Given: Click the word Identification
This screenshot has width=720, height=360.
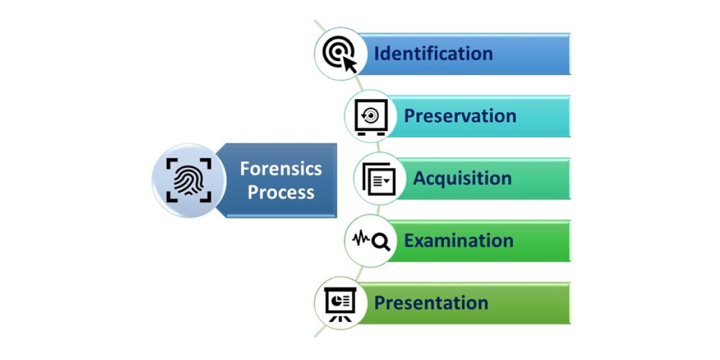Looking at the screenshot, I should coord(433,53).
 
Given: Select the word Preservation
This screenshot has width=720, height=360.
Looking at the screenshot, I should coord(460,116).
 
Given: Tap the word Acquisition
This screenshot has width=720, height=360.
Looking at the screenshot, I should coord(462,178).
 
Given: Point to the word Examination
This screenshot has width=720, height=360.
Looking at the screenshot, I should coord(458,241).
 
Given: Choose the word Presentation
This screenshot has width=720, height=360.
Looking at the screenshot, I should coord(431,303).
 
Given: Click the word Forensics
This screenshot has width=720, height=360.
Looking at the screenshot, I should coord(281,169).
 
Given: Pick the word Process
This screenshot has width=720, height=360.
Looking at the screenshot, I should coord(281,193).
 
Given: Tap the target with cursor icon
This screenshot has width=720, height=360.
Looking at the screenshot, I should coord(338,54).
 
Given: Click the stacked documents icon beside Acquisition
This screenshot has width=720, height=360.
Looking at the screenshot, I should coord(377,179).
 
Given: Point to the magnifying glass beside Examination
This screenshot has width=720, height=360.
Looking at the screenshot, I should coord(381,241).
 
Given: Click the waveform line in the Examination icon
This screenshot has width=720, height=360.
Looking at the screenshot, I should coord(361,240).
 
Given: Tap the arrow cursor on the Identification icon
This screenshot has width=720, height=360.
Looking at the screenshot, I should coord(349,64).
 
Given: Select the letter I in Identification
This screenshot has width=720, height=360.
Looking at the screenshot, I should coord(377,53).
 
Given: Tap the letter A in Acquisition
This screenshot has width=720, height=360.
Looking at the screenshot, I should coord(420,178).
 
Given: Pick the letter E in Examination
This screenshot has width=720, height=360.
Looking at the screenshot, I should coord(409,241).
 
